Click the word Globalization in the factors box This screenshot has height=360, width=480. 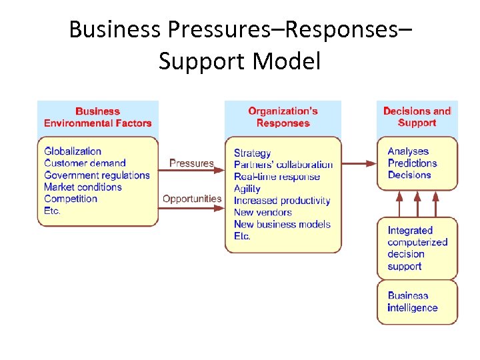coord(73,151)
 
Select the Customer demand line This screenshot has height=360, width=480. coord(85,163)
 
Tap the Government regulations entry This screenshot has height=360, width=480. coord(97,175)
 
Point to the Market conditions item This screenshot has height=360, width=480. coord(83,187)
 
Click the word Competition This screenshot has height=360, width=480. coord(71,199)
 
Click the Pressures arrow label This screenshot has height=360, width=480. coord(191,163)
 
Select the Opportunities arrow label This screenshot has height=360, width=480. coord(192,199)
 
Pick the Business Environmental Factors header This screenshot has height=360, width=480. coord(98,117)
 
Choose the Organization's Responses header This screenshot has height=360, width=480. coord(283,117)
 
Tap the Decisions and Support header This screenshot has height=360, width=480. coord(417,117)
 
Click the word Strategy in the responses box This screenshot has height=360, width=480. coord(252,153)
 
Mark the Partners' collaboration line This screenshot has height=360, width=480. coord(283,165)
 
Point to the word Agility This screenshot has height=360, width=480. coord(247,189)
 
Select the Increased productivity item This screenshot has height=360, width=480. coord(282,201)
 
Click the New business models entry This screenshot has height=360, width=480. coord(282,225)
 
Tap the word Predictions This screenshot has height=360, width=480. coord(412,163)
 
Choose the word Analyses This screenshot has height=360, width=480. coord(408,151)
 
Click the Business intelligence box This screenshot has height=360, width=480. coord(417,302)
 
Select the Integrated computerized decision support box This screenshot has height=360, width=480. coord(417,248)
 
